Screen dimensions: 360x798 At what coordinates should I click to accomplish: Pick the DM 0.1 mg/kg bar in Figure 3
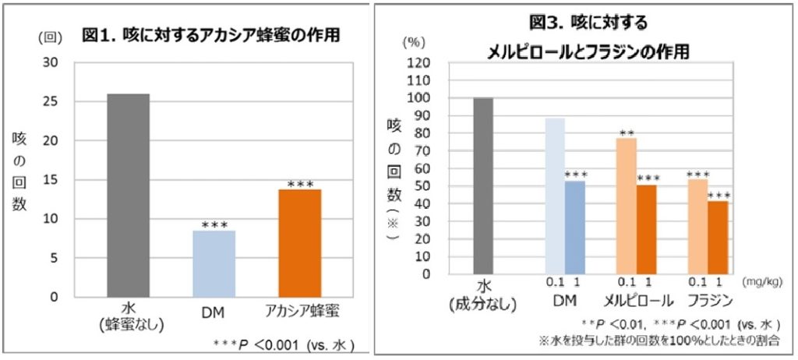click(x=555, y=196)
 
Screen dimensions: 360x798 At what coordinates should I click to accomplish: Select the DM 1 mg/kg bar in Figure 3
click(x=575, y=227)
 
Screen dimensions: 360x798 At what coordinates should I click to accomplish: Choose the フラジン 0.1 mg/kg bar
click(x=697, y=226)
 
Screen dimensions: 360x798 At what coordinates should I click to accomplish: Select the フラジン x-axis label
click(x=708, y=301)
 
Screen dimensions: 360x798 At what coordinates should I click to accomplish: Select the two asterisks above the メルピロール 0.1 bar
click(x=626, y=133)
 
